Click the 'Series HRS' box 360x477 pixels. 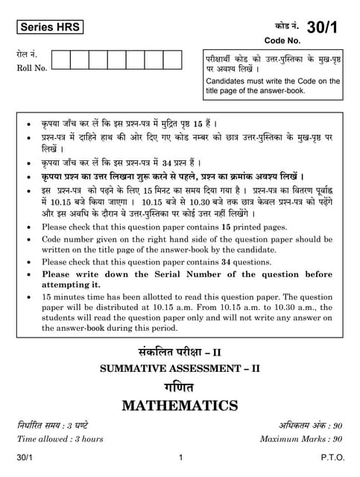47,28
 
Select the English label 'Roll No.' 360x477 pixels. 31,68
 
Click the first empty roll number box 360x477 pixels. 61,60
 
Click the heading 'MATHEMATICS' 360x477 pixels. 180,406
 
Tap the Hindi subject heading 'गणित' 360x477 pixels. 180,387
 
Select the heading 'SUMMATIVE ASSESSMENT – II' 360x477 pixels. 180,369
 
